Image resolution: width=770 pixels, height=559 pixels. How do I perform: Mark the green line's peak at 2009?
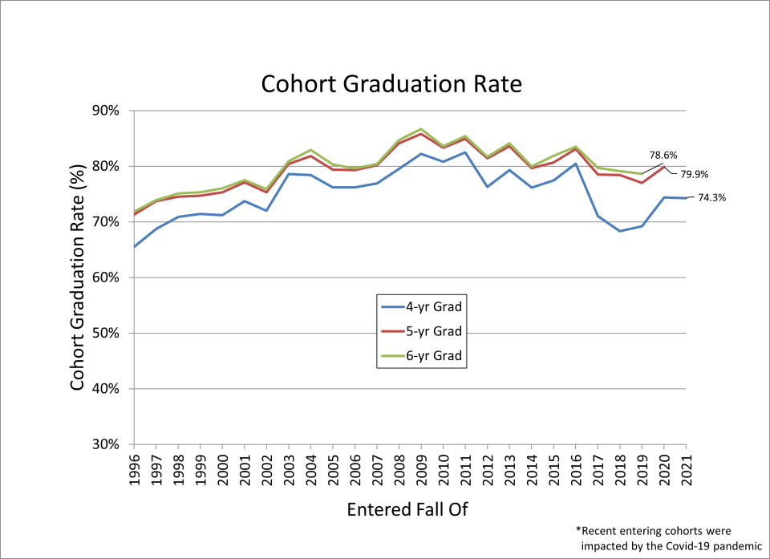[421, 129]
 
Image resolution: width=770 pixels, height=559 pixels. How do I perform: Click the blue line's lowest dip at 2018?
[619, 231]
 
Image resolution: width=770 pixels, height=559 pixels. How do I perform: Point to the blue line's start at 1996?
[134, 247]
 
